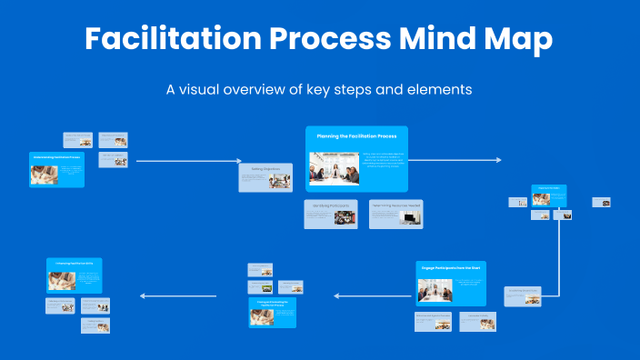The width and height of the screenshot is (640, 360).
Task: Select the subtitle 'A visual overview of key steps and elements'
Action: coord(319,90)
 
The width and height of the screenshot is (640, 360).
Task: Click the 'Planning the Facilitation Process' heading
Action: coord(356,135)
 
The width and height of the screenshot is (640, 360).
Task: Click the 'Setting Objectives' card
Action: coord(265,177)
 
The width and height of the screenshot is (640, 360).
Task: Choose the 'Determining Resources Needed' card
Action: coord(395,214)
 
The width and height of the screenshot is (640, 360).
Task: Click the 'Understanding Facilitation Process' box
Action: coord(56,170)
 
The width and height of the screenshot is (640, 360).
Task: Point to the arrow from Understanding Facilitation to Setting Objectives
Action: coord(186,161)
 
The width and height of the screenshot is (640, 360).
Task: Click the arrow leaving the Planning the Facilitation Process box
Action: coord(455,160)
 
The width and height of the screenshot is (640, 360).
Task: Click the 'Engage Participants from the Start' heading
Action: coord(452,269)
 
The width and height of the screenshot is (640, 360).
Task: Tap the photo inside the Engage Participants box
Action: coord(435,290)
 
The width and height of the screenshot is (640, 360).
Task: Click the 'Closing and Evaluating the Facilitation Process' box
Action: coord(273,311)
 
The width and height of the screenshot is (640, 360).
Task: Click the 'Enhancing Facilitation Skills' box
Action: coord(75,275)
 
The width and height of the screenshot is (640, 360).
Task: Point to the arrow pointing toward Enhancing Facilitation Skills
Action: coord(177,295)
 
